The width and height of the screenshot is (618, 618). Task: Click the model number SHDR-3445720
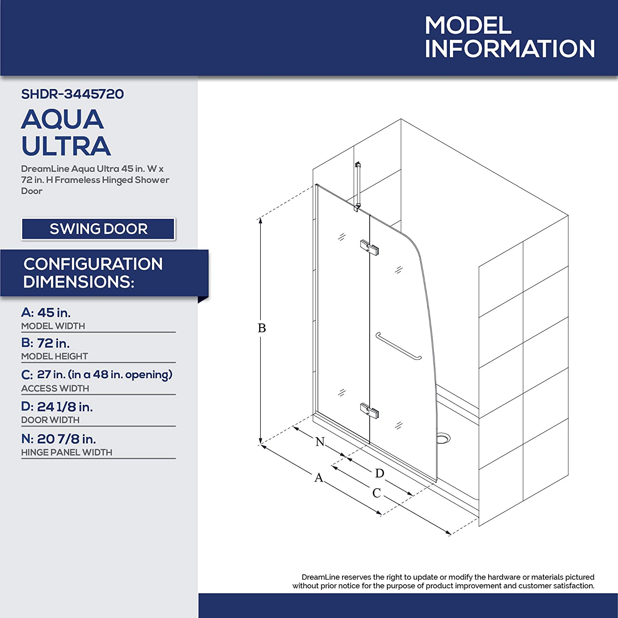73,94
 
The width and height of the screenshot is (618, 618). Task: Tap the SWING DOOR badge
98,229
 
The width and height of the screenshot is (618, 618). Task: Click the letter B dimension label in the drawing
262,328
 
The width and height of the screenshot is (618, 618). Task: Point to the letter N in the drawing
320,442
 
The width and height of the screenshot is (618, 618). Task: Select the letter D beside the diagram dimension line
380,473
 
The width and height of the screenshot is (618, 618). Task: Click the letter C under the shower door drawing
377,493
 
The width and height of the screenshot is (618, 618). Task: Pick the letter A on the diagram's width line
319,478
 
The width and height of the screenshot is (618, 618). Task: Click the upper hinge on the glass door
370,248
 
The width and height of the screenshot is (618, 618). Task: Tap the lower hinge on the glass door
370,411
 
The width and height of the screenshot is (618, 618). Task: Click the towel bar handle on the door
398,346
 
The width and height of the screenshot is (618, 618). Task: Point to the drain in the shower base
443,438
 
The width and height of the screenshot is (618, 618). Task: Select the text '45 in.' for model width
54,313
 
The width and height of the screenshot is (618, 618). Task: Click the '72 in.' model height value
53,343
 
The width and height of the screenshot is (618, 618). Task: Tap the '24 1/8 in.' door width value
65,407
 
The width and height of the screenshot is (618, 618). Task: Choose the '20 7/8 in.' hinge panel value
66,439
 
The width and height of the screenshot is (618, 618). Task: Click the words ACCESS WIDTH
55,389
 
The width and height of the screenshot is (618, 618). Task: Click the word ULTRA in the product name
66,146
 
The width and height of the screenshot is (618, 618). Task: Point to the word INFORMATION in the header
510,49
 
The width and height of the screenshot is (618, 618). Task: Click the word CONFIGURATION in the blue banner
93,264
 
